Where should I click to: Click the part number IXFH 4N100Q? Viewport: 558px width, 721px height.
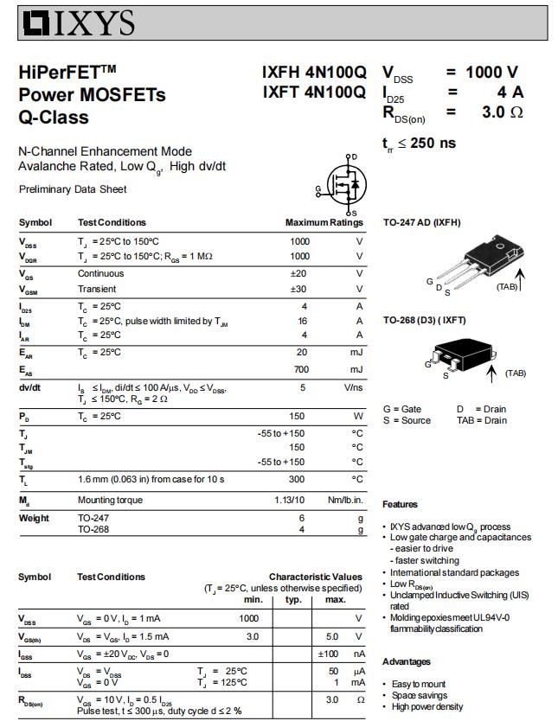314,73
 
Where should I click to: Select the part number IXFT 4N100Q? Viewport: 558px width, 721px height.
314,93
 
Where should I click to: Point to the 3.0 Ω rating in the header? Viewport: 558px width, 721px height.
503,112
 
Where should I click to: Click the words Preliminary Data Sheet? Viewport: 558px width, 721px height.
73,189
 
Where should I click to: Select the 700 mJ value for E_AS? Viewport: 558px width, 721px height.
298,369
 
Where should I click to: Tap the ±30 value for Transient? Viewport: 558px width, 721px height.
298,289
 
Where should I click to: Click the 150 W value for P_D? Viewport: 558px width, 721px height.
298,416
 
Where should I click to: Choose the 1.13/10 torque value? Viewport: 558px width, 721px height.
290,500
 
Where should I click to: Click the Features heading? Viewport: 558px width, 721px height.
400,504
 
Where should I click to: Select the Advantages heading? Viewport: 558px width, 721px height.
407,661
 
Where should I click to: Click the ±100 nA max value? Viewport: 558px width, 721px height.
329,654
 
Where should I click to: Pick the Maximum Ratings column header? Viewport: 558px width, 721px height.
324,223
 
